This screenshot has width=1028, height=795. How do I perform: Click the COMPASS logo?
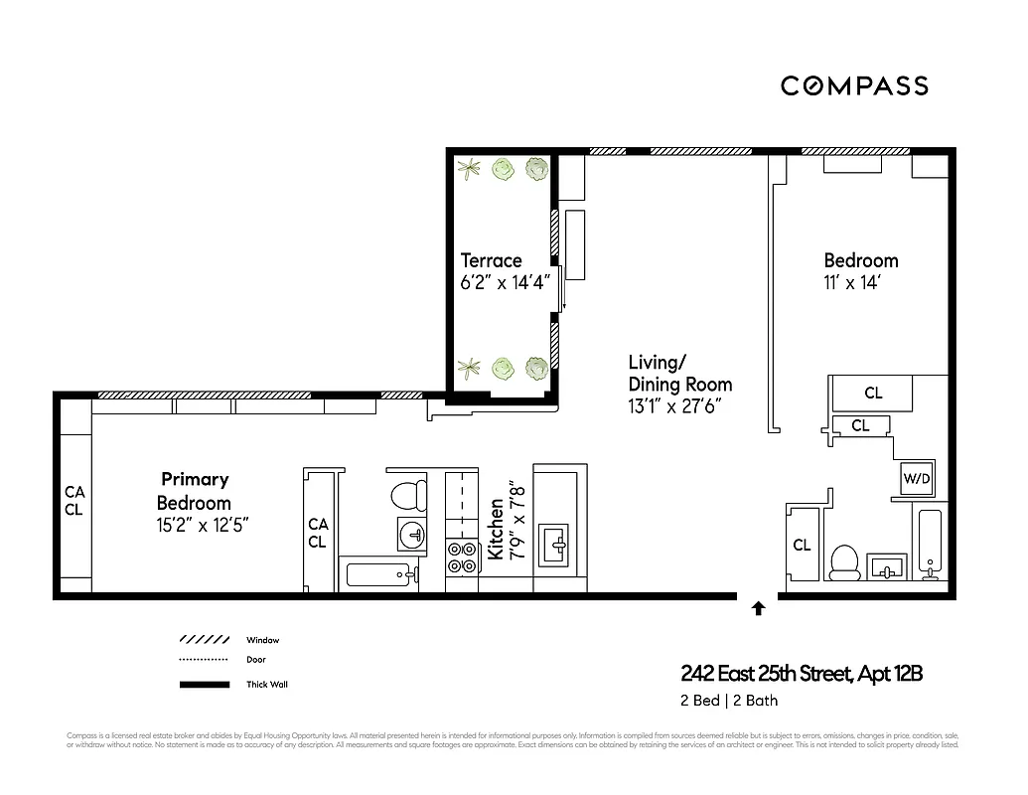[854, 85]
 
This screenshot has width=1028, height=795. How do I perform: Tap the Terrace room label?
[491, 260]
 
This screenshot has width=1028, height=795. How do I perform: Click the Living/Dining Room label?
[679, 373]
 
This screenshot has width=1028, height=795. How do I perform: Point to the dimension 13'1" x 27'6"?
[673, 405]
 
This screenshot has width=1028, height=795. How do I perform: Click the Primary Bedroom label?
[195, 491]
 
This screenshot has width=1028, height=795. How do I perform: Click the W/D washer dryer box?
[916, 478]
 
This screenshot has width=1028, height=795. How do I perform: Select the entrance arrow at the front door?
[758, 608]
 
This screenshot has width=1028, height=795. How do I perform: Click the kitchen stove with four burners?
[461, 556]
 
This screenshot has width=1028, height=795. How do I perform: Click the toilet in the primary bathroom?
[405, 495]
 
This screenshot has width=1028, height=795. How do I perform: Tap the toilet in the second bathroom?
[843, 561]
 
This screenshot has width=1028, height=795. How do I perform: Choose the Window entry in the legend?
[263, 640]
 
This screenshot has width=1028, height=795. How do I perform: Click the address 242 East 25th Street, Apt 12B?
[802, 674]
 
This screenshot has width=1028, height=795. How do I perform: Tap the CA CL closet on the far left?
[74, 501]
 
